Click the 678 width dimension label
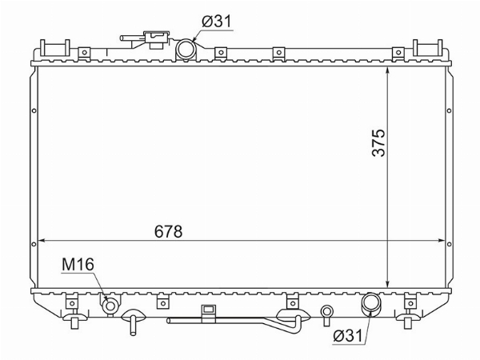tap(168, 231)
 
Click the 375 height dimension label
tap(378, 143)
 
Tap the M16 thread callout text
tap(78, 265)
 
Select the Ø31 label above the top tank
tap(217, 22)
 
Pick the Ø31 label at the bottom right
tap(347, 336)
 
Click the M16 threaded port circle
tap(110, 306)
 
